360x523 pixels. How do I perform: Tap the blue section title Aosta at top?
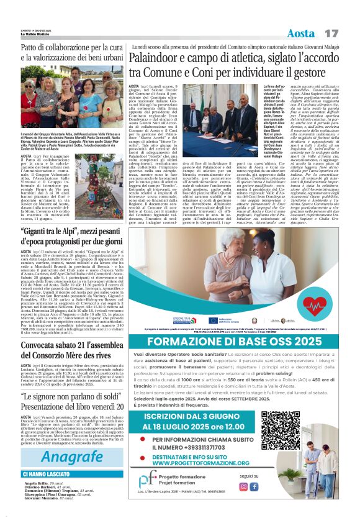click(302, 32)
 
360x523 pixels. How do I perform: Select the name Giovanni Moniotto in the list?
click(41, 516)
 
